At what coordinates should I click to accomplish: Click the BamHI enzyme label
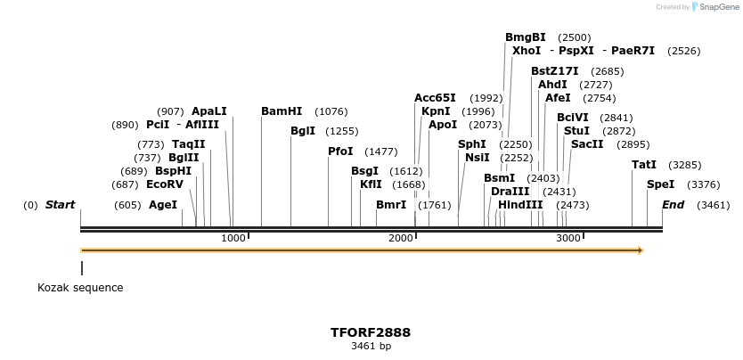pos(282,111)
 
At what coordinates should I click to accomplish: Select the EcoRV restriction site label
pos(165,184)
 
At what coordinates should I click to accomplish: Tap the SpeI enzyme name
pos(660,184)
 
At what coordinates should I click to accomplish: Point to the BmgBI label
pos(526,37)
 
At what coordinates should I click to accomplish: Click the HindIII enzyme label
pos(520,205)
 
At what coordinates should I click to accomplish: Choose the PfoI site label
pos(340,151)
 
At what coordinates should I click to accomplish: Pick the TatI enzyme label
pos(644,165)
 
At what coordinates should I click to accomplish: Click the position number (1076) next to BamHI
pos(331,112)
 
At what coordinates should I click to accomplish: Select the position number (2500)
pos(575,38)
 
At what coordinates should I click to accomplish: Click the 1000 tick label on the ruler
pos(233,238)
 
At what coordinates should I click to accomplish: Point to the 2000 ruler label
pos(402,238)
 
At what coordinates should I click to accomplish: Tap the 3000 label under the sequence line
pos(568,238)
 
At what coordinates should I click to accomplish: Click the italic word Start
pos(60,205)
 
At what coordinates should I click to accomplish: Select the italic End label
pos(674,205)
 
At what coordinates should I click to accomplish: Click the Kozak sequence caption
pos(80,288)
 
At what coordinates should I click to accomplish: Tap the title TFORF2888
pos(371,332)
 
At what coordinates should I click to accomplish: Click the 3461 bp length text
pos(371,346)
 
